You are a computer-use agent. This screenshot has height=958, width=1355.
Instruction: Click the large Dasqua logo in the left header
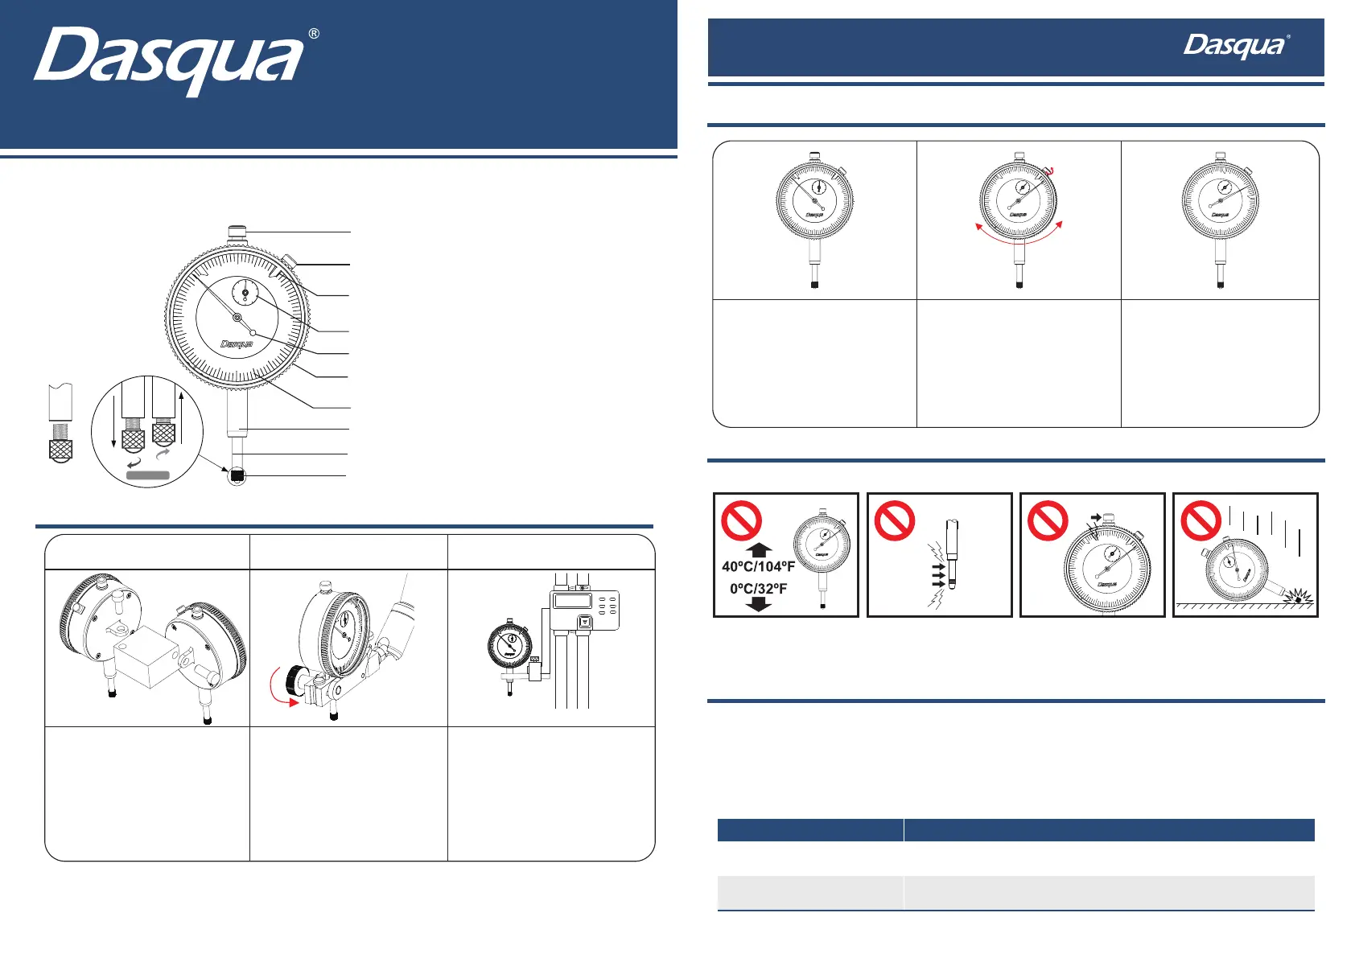click(169, 60)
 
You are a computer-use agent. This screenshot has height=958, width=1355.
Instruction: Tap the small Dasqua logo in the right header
click(1234, 47)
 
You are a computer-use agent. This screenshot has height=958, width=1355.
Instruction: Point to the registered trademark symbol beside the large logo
click(314, 34)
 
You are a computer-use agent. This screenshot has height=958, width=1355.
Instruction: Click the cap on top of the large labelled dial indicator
click(237, 232)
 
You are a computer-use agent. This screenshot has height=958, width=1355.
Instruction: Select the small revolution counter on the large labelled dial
click(245, 294)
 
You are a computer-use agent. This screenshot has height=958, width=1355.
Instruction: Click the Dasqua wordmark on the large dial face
click(237, 344)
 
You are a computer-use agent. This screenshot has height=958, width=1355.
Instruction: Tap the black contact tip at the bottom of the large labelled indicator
click(237, 476)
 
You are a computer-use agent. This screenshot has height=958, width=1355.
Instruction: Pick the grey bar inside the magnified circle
click(147, 475)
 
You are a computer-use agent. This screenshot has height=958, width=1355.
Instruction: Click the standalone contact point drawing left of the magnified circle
click(60, 423)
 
